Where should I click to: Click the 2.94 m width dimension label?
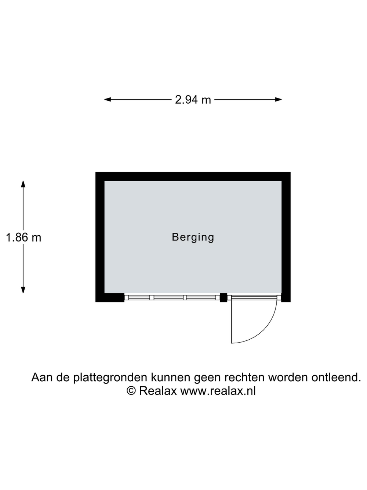193,100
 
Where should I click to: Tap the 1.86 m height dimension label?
23,237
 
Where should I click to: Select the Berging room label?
193,237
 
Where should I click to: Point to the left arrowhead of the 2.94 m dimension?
108,100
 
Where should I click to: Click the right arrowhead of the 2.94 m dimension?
278,100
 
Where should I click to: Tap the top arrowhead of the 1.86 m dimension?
23,184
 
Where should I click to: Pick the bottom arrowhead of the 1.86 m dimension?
23,290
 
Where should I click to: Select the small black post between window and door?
224,298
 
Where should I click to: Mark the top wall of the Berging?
193,176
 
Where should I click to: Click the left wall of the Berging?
100,237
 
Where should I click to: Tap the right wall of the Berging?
286,237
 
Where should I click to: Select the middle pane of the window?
168,298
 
